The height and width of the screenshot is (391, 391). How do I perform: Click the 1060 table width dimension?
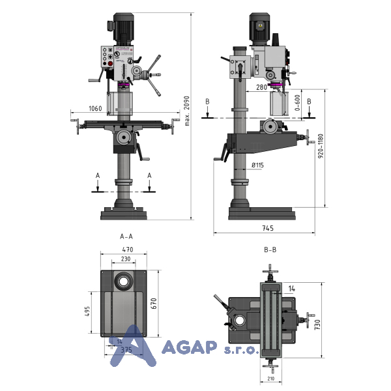(95, 108)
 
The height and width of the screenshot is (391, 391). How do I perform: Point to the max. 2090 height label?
(187, 111)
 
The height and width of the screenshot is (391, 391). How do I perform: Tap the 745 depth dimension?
(268, 228)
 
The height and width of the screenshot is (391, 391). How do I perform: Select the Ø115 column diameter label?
(257, 165)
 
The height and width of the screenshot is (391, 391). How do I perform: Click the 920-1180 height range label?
(321, 146)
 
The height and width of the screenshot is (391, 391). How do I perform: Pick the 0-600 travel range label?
(298, 103)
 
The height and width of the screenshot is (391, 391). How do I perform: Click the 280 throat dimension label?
(261, 87)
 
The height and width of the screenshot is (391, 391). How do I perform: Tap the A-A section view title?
(126, 237)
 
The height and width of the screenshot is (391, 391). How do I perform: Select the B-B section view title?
(270, 250)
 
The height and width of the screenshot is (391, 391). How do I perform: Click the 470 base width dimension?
(128, 250)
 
